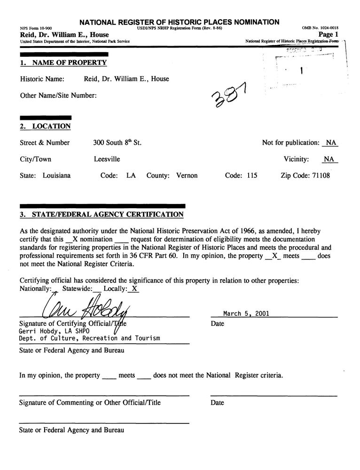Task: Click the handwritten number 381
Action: click(x=230, y=94)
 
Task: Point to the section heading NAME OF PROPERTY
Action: click(x=69, y=63)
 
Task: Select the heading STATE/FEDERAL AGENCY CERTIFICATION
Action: click(x=107, y=215)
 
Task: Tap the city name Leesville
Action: click(x=107, y=159)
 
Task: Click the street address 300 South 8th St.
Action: click(x=117, y=143)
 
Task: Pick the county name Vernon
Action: click(x=187, y=176)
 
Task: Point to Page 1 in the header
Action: click(x=329, y=35)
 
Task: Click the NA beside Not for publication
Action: click(x=331, y=143)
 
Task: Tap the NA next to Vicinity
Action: click(x=329, y=159)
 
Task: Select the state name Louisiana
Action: click(x=57, y=176)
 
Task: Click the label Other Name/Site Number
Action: click(x=59, y=95)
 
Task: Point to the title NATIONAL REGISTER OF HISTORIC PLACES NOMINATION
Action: click(x=180, y=22)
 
